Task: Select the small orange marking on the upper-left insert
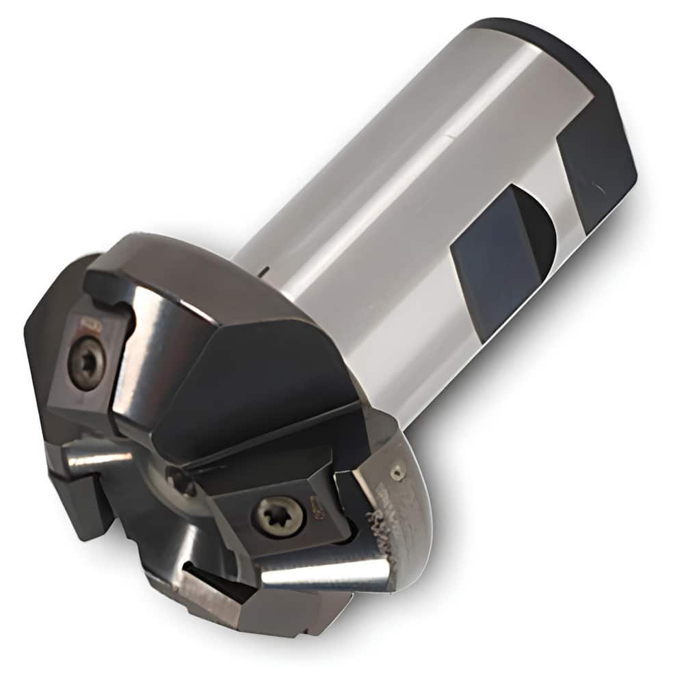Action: (90, 321)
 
